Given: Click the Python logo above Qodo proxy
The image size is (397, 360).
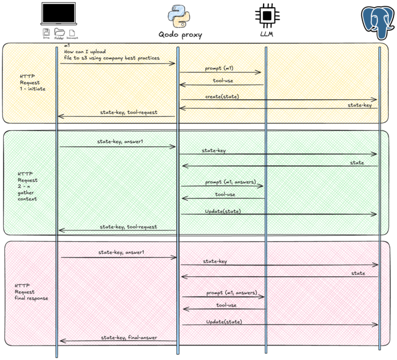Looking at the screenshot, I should pos(179,16).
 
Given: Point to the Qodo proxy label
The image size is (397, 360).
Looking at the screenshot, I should pos(180,35).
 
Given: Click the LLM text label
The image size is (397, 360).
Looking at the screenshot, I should pos(267,35).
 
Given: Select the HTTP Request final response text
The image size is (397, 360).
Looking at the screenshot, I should pos(30,292).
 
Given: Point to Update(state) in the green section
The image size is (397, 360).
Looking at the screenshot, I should pos(222,211).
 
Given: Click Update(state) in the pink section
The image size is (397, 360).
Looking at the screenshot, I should pos(224,321).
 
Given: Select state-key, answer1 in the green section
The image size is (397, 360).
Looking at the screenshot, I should pos(118,142).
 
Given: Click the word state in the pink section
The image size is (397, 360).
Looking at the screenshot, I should pos(358,273).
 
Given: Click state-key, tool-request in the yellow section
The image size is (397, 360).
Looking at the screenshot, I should pos(129,112).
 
